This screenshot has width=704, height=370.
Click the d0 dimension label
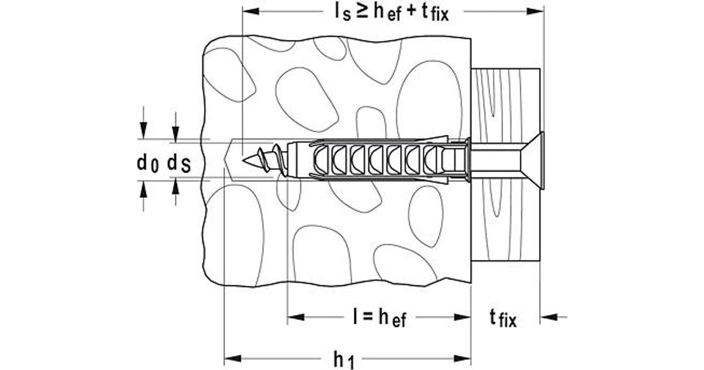(x=147, y=163)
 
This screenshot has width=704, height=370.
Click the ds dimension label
(x=178, y=163)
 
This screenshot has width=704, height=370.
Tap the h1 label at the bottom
(x=344, y=359)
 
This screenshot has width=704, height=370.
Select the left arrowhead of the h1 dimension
(x=232, y=358)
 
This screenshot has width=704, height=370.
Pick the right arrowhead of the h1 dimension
(x=463, y=358)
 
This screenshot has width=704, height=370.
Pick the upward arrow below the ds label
(x=175, y=187)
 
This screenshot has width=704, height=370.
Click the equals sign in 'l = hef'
(x=365, y=318)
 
